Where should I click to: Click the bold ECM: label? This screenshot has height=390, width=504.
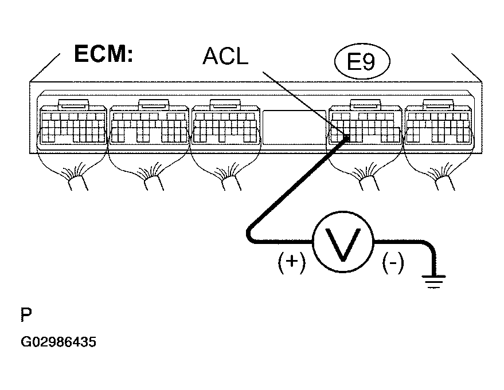104,54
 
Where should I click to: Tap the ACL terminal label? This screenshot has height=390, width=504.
226,56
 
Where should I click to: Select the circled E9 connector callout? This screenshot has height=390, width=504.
362,61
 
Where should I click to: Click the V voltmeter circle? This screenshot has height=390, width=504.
343,242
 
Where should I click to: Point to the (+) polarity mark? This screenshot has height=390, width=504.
292,262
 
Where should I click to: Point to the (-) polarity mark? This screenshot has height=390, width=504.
393,262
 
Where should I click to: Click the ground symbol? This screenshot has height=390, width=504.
434,282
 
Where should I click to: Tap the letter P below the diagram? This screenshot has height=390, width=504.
26,314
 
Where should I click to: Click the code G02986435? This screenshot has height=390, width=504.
58,342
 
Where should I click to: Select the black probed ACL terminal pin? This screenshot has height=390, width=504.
346,138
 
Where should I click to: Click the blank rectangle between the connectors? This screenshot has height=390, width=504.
294,128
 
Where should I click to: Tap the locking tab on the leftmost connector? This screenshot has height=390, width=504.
73,104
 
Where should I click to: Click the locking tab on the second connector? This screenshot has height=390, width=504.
153,104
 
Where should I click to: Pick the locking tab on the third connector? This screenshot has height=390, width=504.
225,104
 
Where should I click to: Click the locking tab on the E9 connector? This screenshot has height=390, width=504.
365,104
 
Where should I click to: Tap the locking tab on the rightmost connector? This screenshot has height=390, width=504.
438,104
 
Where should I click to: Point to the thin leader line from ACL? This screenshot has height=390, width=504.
304,104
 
